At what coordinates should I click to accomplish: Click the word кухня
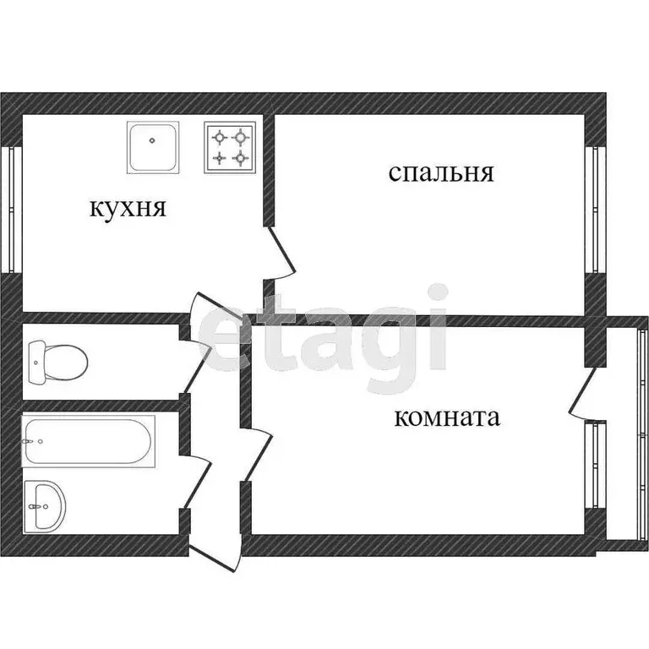(x=128, y=208)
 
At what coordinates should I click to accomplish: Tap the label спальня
(x=440, y=173)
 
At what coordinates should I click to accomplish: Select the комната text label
(x=447, y=417)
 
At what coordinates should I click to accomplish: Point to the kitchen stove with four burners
(x=230, y=146)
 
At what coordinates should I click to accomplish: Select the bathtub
(x=89, y=441)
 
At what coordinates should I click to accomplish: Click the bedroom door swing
(x=282, y=254)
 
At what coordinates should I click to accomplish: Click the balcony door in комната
(x=584, y=393)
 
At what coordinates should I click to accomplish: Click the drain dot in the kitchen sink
(x=154, y=143)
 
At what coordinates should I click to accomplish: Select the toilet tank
(x=35, y=361)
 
